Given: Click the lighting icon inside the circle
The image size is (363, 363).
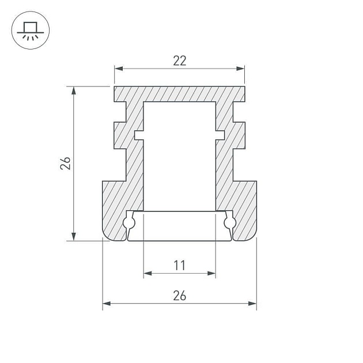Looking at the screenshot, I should click(x=31, y=31).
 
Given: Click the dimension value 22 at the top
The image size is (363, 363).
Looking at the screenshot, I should click(x=180, y=60).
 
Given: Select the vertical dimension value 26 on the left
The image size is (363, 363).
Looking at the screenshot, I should click(x=66, y=163).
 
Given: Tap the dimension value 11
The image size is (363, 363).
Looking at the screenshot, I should click(x=180, y=265).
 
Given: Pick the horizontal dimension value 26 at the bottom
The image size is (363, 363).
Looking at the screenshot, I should click(x=180, y=295).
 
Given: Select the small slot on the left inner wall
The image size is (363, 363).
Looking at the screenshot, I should click(x=138, y=135).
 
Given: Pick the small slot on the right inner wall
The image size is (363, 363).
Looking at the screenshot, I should click(x=221, y=135).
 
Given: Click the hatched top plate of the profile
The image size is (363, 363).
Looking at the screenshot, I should click(x=180, y=94).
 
